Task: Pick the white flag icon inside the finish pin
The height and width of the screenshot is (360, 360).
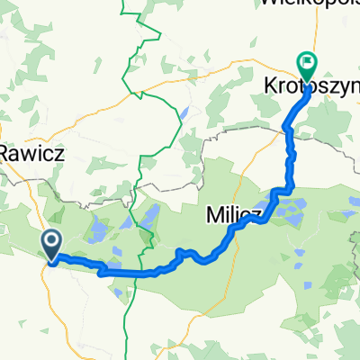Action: point(308,62)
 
